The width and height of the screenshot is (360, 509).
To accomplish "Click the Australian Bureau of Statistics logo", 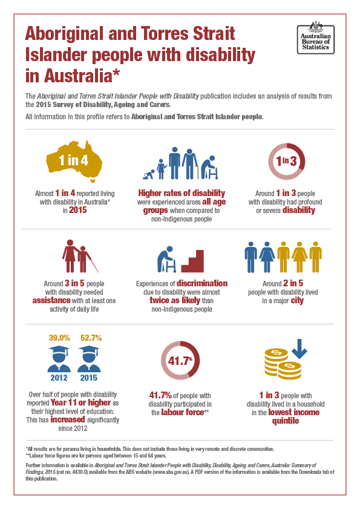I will pyautogui.click(x=313, y=38).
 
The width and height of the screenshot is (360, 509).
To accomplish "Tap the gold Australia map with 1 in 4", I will pyautogui.click(x=73, y=160).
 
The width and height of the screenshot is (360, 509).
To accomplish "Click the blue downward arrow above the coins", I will pyautogui.click(x=299, y=348).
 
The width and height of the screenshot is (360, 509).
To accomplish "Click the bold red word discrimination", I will pyautogui.click(x=202, y=283).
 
